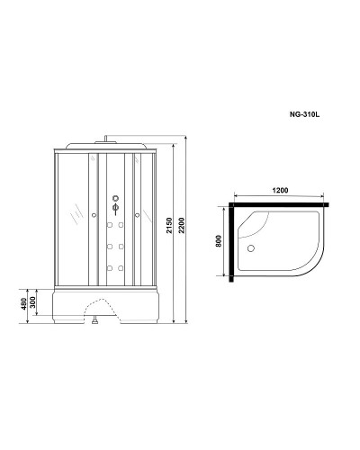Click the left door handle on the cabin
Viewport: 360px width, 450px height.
(x=94, y=214)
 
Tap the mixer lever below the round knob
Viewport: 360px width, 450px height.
(x=115, y=211)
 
